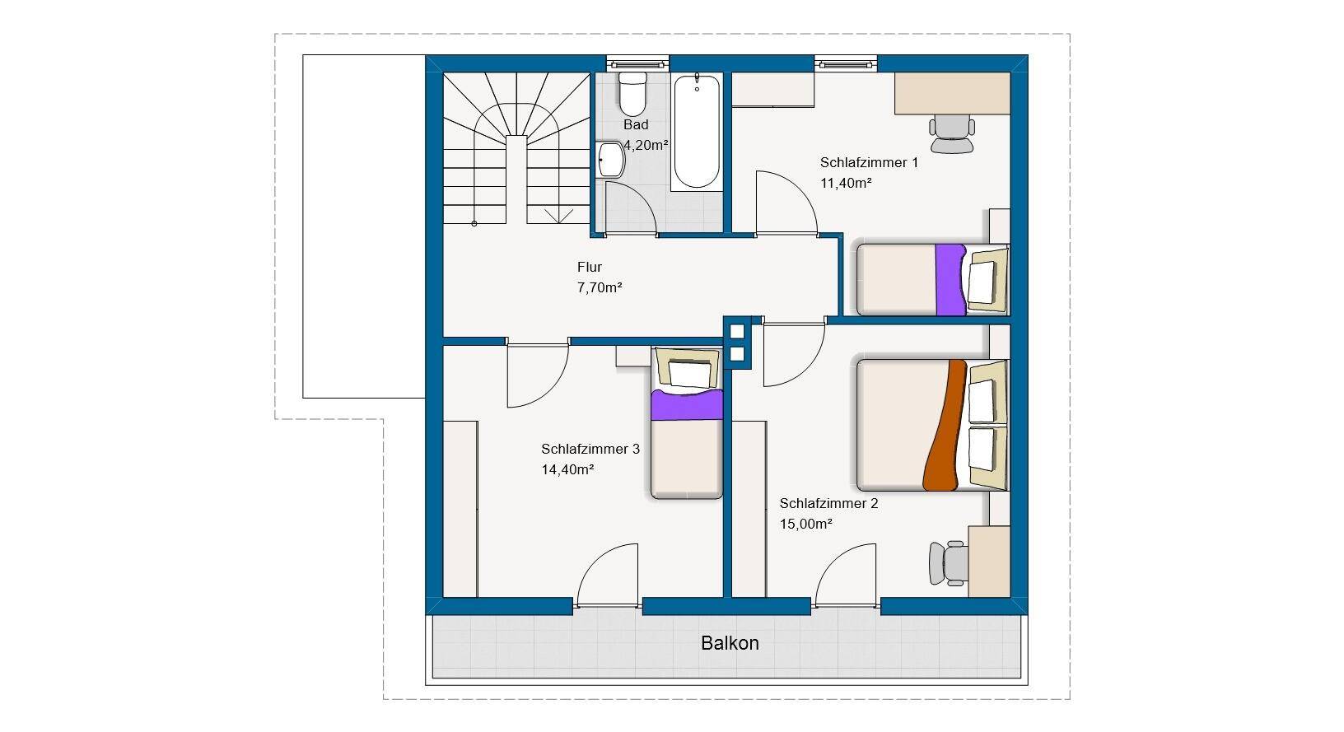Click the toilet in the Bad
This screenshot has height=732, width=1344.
632,94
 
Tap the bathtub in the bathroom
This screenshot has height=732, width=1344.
697,132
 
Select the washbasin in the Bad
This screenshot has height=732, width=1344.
611,160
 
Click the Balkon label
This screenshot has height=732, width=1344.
730,643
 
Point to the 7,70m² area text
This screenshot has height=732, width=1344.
600,287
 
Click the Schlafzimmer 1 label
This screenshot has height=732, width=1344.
869,162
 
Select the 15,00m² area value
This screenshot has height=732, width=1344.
805,524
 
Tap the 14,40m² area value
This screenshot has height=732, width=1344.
567,469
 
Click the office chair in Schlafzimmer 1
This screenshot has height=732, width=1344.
952,134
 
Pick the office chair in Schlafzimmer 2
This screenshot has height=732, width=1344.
948,563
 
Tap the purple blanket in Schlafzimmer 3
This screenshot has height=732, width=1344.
687,404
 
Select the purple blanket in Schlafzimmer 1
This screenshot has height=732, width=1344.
951,280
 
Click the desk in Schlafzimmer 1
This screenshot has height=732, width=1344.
952,93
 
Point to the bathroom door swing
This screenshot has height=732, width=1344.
630,207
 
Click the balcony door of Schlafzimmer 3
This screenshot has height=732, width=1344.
607,576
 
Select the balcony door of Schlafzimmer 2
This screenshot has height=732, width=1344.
846,576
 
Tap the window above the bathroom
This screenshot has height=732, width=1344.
637,63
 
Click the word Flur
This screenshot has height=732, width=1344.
589,267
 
